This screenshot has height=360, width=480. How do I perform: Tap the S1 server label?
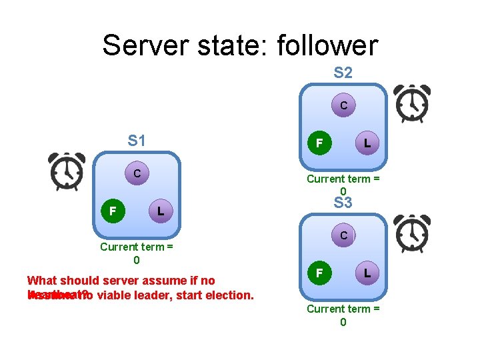tap(137, 141)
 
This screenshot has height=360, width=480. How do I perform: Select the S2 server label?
tap(343, 73)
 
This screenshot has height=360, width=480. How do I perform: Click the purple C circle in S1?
tap(137, 174)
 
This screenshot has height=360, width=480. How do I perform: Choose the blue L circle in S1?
tap(159, 211)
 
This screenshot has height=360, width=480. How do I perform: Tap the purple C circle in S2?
tap(343, 105)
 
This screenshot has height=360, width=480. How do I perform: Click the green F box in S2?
tap(320, 143)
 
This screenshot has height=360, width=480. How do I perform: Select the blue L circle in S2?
tap(367, 143)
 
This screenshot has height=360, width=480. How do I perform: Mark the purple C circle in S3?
tap(343, 235)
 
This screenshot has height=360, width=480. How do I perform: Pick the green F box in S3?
tap(320, 273)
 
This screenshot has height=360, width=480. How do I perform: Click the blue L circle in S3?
tap(367, 273)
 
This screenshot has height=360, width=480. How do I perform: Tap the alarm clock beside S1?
tap(67, 171)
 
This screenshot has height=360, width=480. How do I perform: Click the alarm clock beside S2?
tap(411, 103)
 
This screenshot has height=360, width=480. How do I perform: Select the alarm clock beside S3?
tap(411, 233)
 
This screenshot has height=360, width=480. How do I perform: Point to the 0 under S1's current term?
tap(137, 260)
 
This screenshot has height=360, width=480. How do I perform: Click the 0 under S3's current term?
tap(343, 322)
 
